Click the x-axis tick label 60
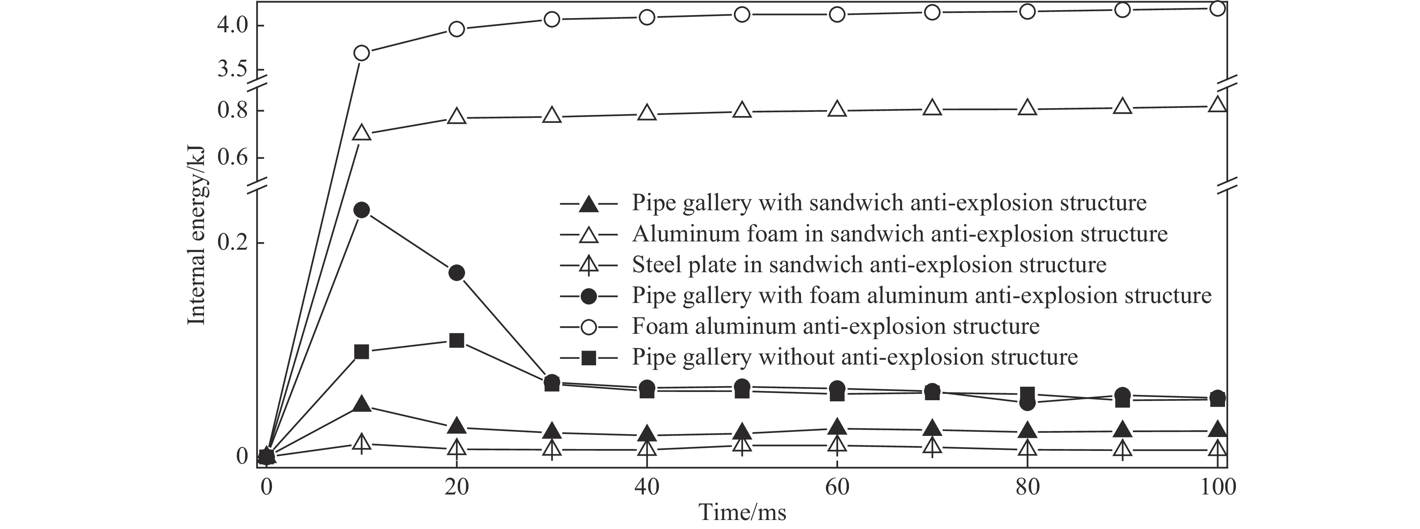click(837, 487)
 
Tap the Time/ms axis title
click(743, 513)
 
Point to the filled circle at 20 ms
click(456, 273)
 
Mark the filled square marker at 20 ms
click(456, 341)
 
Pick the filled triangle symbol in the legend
click(589, 204)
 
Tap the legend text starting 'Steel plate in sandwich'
click(869, 265)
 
